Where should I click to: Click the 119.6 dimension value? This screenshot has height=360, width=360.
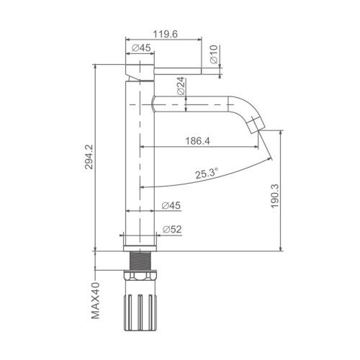[x=166, y=34]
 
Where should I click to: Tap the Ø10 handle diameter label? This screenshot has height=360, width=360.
[x=214, y=54]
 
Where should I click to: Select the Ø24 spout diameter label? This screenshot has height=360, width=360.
[x=181, y=86]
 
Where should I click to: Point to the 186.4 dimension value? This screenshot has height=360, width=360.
[x=197, y=141]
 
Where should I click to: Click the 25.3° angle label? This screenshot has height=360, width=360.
[x=207, y=174]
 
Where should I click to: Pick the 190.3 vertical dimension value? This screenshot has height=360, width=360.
[x=275, y=196]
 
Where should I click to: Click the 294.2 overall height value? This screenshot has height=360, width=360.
[x=89, y=157]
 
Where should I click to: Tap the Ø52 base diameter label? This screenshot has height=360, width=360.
[x=172, y=229]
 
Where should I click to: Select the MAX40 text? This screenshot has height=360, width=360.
[x=95, y=300]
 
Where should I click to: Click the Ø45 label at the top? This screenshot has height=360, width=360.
[x=141, y=48]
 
